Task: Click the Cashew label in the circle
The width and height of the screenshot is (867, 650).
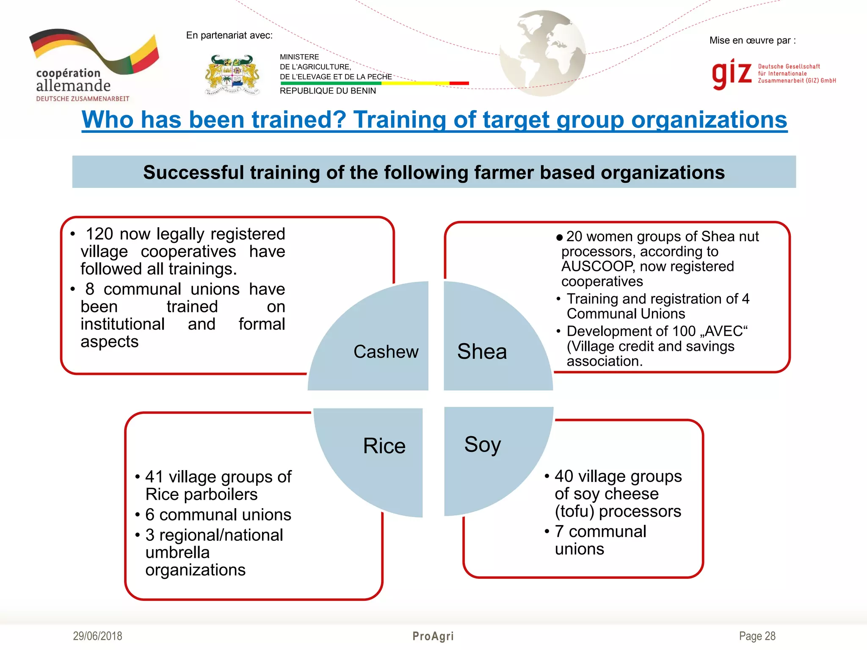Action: (386, 352)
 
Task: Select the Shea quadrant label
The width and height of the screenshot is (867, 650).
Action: (482, 352)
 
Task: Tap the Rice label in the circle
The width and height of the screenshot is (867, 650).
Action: (384, 446)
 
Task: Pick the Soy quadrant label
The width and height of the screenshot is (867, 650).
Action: (482, 444)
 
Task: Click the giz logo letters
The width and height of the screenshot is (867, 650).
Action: (732, 73)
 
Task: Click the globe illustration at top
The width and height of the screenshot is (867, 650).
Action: (542, 53)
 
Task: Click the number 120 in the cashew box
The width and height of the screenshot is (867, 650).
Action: (99, 234)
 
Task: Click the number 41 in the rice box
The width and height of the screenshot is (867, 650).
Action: (154, 477)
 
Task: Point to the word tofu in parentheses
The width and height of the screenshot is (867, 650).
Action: (577, 512)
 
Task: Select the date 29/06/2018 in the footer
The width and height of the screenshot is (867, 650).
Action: (97, 636)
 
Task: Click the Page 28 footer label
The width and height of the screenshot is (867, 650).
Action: (757, 636)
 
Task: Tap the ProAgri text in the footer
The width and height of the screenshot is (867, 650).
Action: (433, 636)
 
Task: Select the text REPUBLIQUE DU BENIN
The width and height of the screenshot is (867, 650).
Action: (328, 91)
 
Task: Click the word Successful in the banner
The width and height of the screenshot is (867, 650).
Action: (193, 173)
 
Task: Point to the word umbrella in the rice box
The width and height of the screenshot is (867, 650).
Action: (177, 553)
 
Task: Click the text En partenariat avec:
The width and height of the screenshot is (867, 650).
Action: (229, 36)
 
